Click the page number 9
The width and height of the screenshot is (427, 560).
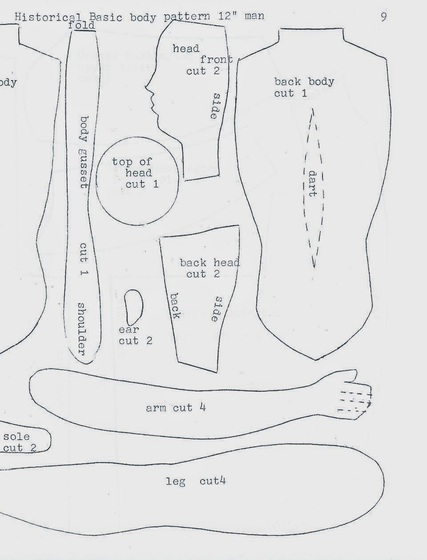383,16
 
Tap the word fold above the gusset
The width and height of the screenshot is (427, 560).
82,25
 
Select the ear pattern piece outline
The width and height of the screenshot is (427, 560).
133,307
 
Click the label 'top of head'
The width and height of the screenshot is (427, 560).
132,167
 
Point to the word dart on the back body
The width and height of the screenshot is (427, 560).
313,183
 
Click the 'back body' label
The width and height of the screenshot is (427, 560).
304,82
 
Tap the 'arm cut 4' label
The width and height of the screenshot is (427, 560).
176,408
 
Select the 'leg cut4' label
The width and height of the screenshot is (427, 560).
196,481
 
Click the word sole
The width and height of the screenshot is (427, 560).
16,436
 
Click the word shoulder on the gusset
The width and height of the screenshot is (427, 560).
82,329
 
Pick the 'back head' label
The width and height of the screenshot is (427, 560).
209,262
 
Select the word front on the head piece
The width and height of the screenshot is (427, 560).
216,60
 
